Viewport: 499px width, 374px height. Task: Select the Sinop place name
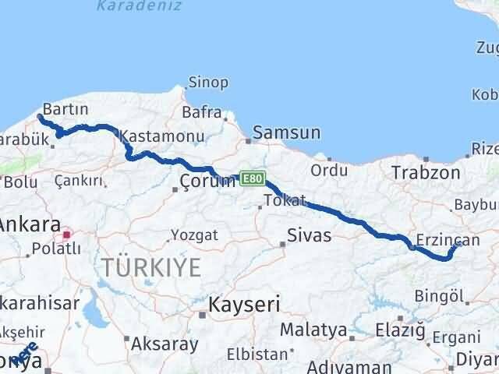(208, 83)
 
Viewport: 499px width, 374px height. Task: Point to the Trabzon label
(426, 172)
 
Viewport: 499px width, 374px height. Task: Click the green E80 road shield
(253, 178)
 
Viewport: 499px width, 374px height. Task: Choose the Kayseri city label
(244, 304)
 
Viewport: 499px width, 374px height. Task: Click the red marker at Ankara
(68, 233)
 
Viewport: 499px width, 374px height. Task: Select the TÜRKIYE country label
(150, 268)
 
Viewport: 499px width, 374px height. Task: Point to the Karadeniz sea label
(140, 6)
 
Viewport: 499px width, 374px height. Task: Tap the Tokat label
(285, 200)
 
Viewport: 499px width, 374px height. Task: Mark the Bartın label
(65, 108)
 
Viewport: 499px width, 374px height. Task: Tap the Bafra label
(202, 112)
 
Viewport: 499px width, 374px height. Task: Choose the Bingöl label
(441, 295)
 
